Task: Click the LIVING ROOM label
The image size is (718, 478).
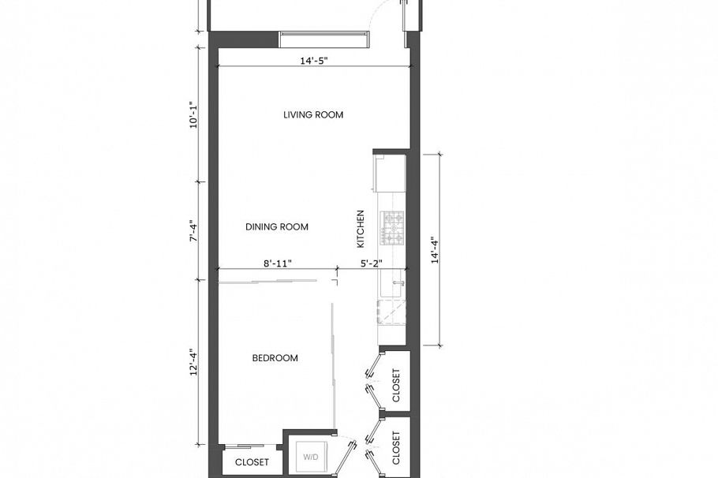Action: [x=313, y=115]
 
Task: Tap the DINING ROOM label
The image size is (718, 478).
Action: [x=276, y=227]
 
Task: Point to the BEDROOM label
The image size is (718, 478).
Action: [x=275, y=358]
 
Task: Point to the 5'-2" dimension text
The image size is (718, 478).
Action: [x=371, y=264]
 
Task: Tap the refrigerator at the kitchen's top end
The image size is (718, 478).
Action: [x=390, y=173]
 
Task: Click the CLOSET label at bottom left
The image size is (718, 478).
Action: [x=252, y=462]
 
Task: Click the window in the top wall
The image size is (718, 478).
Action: [x=324, y=39]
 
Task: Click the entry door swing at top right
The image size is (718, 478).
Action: [x=390, y=14]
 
